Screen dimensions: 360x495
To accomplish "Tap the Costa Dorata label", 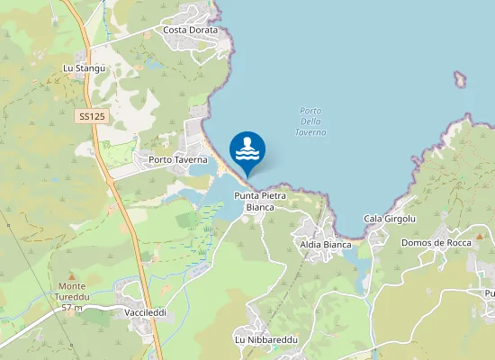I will (x=191, y=30).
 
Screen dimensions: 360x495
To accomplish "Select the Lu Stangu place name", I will (x=85, y=68).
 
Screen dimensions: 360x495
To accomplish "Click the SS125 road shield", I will (x=91, y=116).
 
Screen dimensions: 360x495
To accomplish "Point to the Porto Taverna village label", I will (x=178, y=160).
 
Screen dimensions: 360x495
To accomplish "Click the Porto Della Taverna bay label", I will (x=310, y=121).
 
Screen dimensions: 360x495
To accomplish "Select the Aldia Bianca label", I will (x=326, y=244).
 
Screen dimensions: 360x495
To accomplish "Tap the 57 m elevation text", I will (x=73, y=308).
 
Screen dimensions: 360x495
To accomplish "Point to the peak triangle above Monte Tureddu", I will (x=73, y=275).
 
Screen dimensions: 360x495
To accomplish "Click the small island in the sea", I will (x=461, y=79).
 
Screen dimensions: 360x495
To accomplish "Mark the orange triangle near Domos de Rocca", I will (x=481, y=236).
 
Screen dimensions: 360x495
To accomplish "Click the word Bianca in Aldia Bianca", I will (x=337, y=244).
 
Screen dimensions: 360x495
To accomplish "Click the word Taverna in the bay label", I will (x=310, y=132).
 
